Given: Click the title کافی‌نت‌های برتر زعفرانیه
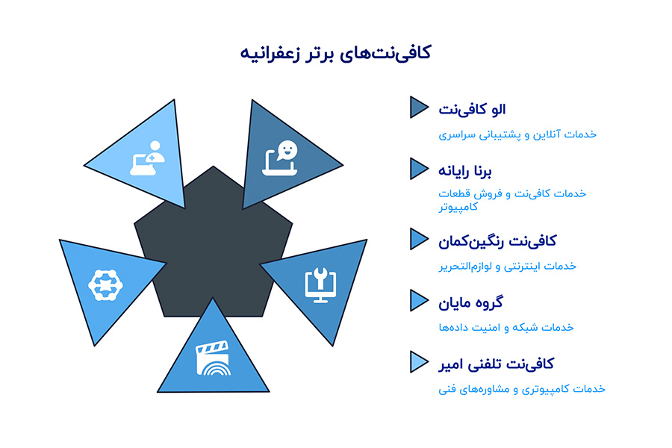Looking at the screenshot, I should (336, 54).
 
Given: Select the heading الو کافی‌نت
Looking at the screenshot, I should (472, 109).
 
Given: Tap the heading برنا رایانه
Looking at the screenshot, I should (466, 171).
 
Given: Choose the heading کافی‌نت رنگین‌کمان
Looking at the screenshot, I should (497, 241).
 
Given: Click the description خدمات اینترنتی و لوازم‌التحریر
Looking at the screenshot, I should (507, 266).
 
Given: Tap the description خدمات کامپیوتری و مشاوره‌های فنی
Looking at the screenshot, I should (521, 389).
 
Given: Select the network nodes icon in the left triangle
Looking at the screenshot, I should (105, 284).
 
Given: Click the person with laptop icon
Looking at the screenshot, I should (147, 158).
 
